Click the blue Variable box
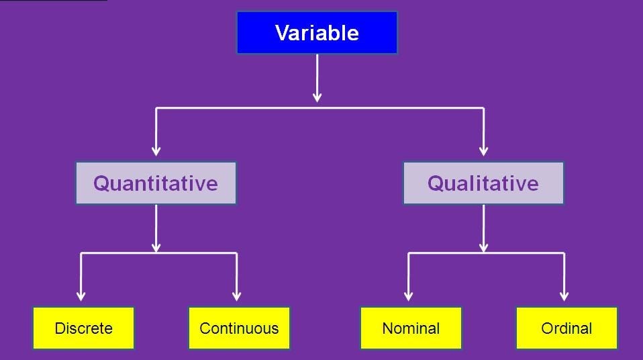click(317, 33)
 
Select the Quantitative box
click(156, 183)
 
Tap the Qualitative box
click(483, 183)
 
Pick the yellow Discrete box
click(84, 328)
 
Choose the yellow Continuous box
click(239, 328)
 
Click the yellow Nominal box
click(411, 328)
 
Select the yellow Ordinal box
click(566, 328)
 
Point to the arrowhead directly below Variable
click(317, 97)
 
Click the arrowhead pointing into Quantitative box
click(156, 151)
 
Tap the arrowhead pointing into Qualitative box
click(483, 151)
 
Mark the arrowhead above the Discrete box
click(81, 296)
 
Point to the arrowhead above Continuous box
click(236, 296)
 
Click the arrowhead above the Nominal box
click(408, 296)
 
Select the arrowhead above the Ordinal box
click(564, 296)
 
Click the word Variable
click(317, 33)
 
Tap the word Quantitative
click(156, 183)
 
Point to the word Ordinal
click(566, 328)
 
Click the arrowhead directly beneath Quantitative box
click(156, 248)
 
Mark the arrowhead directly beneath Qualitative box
click(483, 248)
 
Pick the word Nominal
click(411, 328)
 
